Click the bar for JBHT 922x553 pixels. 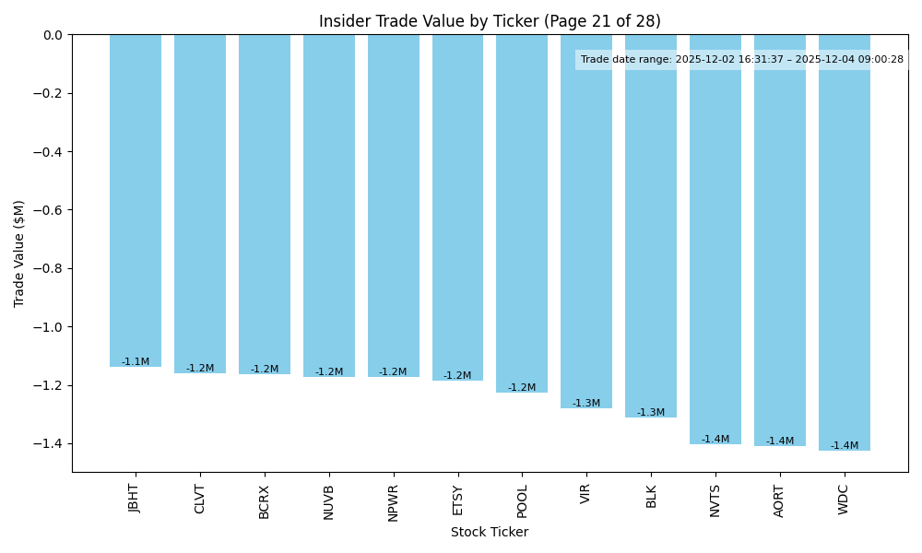(136, 201)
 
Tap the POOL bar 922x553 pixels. (522, 214)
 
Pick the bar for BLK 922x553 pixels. (651, 226)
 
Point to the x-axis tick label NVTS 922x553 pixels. (715, 500)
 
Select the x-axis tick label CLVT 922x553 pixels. (200, 499)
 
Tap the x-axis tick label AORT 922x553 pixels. (780, 500)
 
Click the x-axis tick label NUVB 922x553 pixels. (329, 501)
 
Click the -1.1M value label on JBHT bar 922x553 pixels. (136, 362)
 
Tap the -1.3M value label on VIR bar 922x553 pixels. (586, 404)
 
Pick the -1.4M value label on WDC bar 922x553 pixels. (845, 446)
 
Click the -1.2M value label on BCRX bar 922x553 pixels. (265, 370)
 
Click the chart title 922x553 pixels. (490, 21)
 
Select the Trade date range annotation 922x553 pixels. (742, 60)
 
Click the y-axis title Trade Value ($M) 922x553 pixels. (19, 253)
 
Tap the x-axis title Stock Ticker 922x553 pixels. (490, 532)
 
